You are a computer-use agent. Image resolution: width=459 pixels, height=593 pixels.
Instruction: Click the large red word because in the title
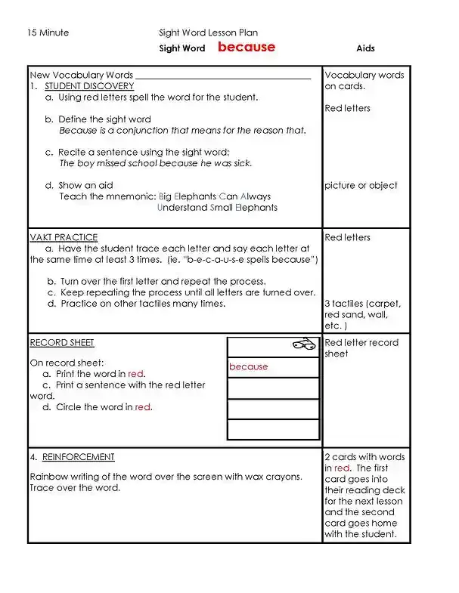pyautogui.click(x=247, y=47)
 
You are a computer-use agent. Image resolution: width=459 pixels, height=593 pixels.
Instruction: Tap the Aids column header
pyautogui.click(x=365, y=48)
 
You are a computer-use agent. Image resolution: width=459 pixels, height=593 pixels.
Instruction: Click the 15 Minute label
pyautogui.click(x=48, y=32)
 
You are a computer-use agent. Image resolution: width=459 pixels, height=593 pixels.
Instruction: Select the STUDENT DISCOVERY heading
pyautogui.click(x=89, y=86)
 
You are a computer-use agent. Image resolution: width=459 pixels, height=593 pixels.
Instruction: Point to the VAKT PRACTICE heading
pyautogui.click(x=64, y=237)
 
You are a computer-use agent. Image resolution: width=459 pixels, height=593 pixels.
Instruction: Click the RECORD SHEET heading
pyautogui.click(x=62, y=342)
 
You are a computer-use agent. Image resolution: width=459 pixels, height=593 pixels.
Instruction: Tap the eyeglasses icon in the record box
pyautogui.click(x=303, y=344)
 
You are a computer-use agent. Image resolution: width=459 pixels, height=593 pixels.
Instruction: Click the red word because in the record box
pyautogui.click(x=249, y=367)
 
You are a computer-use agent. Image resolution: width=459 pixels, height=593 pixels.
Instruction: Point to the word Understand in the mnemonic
pyautogui.click(x=181, y=208)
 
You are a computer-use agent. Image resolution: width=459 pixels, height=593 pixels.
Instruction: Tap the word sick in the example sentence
pyautogui.click(x=243, y=163)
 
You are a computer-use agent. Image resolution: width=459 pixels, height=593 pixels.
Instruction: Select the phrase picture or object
pyautogui.click(x=361, y=186)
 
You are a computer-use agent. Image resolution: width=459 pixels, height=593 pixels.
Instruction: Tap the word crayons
pyautogui.click(x=263, y=477)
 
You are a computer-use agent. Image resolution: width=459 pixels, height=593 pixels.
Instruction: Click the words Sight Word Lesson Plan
pyautogui.click(x=208, y=32)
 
